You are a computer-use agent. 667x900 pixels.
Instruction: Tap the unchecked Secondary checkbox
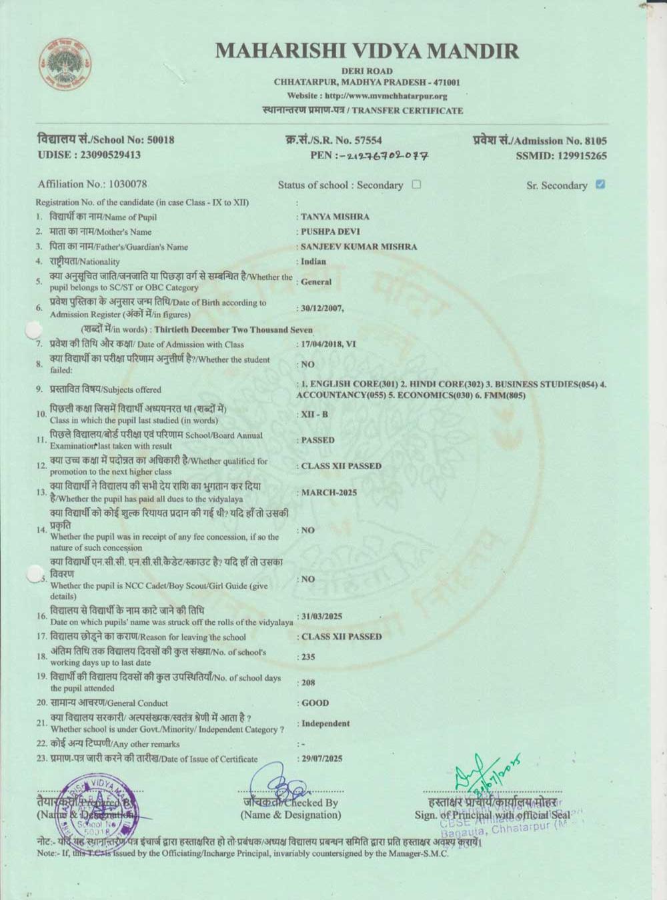417,185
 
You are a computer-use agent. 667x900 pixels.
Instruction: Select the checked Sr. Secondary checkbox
600,185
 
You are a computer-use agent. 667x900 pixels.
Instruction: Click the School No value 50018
160,140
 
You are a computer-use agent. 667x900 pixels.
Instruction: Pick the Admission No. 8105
595,141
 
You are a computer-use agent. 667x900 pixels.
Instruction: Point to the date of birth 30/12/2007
322,309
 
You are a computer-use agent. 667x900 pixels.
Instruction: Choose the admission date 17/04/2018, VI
329,345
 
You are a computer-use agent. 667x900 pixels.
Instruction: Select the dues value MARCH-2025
329,493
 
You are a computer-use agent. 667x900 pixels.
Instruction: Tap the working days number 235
308,657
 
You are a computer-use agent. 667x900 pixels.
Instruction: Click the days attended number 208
308,683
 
